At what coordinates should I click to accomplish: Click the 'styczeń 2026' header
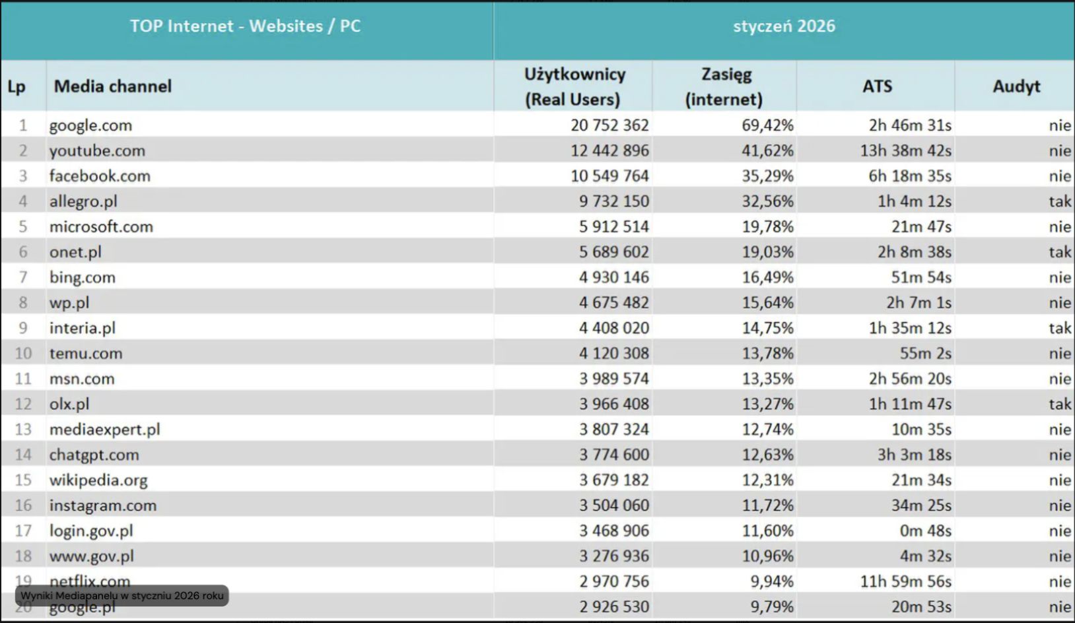tap(784, 26)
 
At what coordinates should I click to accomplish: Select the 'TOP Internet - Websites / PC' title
tap(245, 26)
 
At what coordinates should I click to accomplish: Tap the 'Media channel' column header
tap(113, 86)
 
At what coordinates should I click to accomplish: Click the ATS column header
tap(877, 86)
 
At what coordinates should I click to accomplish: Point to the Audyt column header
tap(1016, 86)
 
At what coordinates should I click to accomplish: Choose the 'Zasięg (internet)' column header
tap(724, 86)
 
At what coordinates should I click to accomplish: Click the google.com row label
tap(90, 125)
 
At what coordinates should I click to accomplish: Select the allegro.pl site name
tap(83, 201)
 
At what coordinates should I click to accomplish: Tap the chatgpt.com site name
tap(94, 455)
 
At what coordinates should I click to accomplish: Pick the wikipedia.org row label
tap(98, 480)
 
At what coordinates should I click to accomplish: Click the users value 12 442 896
tap(609, 150)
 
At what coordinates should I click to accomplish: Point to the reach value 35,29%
tap(767, 176)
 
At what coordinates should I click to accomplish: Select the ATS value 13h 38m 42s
tap(905, 150)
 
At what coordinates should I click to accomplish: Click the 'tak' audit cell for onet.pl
tap(1059, 252)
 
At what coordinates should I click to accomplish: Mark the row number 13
tap(23, 430)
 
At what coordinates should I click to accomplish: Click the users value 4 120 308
tap(613, 354)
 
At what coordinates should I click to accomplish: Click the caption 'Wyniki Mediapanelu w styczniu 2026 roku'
tap(122, 596)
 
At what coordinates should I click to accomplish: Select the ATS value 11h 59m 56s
tap(905, 581)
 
